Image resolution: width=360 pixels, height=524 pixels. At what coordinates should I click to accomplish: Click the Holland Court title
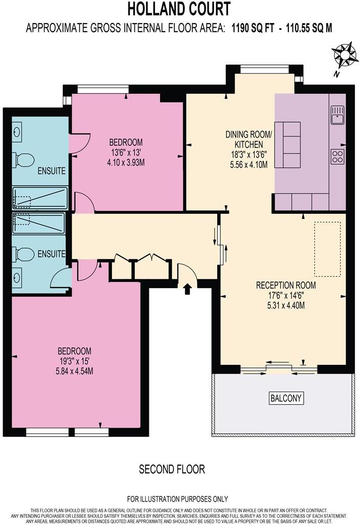(x=178, y=9)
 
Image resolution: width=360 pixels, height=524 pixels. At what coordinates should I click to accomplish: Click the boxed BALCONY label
(x=286, y=398)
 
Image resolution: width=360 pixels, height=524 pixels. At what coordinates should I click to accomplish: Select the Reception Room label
(x=286, y=285)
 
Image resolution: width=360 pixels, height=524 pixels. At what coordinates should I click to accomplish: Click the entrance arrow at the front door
(x=187, y=289)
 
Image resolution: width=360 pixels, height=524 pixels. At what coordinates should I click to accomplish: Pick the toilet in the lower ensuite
(x=24, y=253)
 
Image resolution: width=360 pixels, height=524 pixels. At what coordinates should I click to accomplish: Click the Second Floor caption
(x=172, y=469)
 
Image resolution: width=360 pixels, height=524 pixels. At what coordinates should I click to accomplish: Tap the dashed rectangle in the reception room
(x=327, y=249)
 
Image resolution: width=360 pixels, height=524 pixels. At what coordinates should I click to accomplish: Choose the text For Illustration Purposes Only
(x=177, y=499)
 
